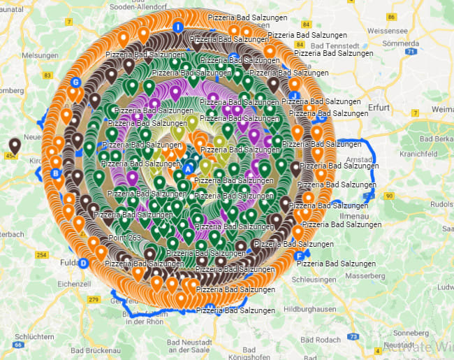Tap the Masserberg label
[x=364, y=275]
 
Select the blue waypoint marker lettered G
[x=75, y=82]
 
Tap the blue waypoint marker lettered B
[x=56, y=173]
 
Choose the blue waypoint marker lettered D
[x=84, y=263]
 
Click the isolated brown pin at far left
[x=15, y=145]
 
